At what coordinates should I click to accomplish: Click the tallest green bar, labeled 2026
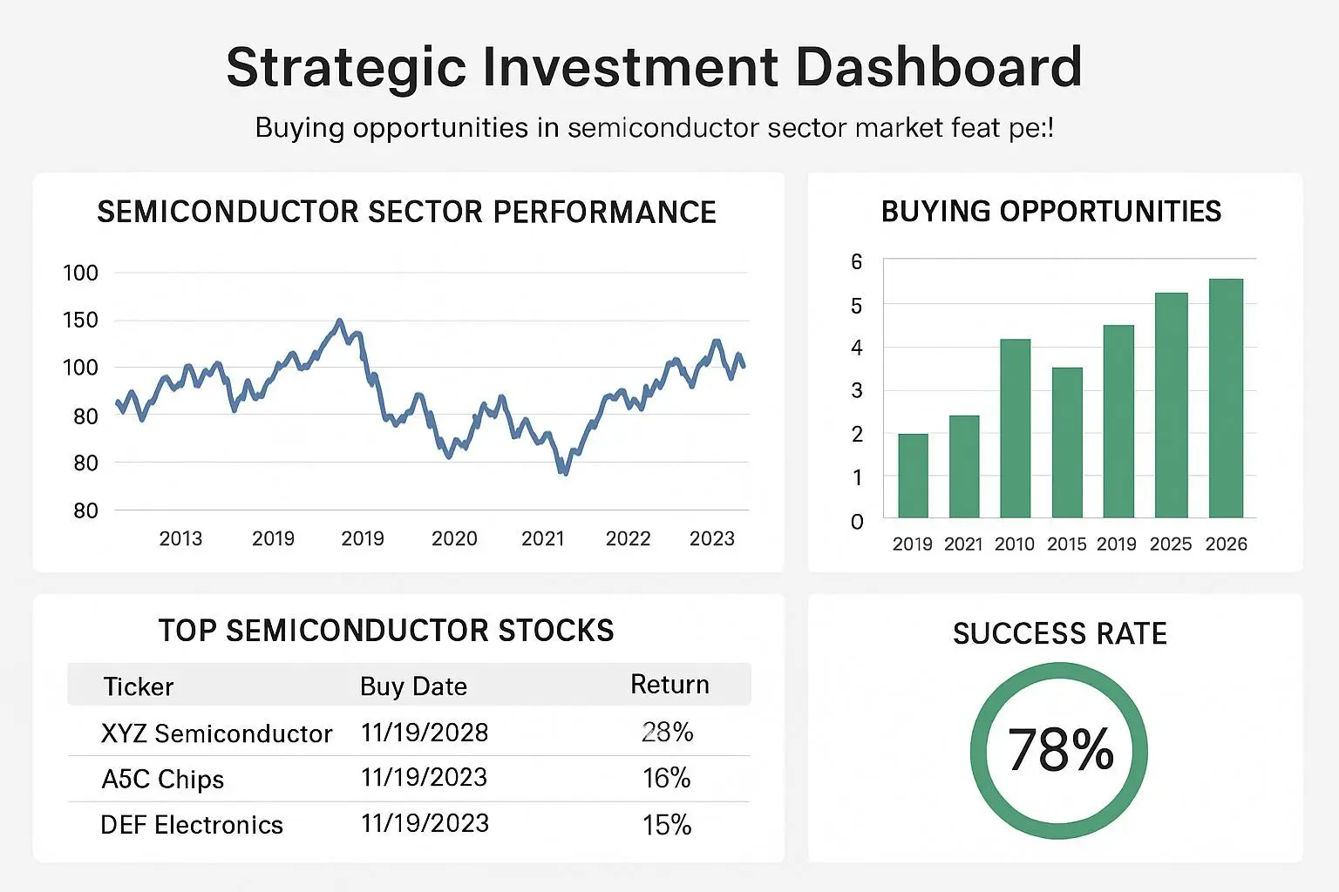1226,398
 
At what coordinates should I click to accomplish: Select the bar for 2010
1015,429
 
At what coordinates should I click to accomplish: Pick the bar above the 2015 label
1067,443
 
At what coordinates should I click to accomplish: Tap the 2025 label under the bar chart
1170,544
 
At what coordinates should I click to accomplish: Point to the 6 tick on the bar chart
857,262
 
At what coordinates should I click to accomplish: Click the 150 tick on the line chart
81,320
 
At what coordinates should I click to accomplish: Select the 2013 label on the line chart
180,538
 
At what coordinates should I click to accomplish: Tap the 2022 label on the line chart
628,538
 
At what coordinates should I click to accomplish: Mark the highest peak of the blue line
340,321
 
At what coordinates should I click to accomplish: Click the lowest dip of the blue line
566,473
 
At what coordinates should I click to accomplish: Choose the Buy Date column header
413,686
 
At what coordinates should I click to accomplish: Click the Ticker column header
139,686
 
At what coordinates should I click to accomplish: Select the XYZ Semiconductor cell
216,733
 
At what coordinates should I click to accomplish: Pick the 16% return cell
667,778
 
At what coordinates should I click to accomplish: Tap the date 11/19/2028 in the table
425,733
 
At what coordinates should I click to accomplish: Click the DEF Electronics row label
192,825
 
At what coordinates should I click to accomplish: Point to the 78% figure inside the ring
1060,750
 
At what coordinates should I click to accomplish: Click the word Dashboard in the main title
939,67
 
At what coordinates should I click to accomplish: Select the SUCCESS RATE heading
1059,633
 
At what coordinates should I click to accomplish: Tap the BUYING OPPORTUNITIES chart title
1051,212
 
